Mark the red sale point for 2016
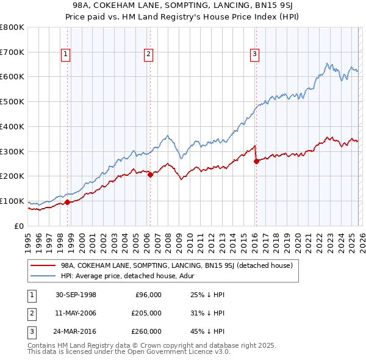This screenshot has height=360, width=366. tap(256, 161)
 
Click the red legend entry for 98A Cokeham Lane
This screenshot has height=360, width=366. tap(177, 265)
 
